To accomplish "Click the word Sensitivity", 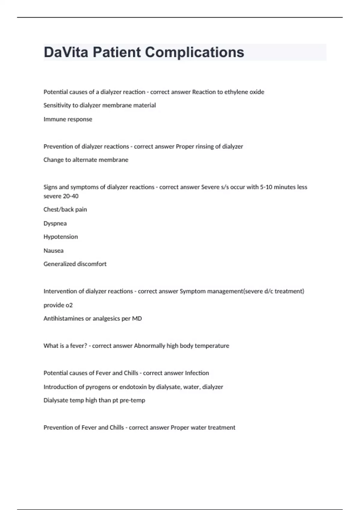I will coord(58,105).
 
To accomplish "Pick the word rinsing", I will coord(205,146).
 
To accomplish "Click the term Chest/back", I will coord(58,209).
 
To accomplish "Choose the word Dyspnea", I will coord(55,223).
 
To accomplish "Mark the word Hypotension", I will coord(61,237).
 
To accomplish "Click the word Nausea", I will coord(53,250).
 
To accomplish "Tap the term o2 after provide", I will coord(69,305).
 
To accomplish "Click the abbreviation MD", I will coord(137,319).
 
